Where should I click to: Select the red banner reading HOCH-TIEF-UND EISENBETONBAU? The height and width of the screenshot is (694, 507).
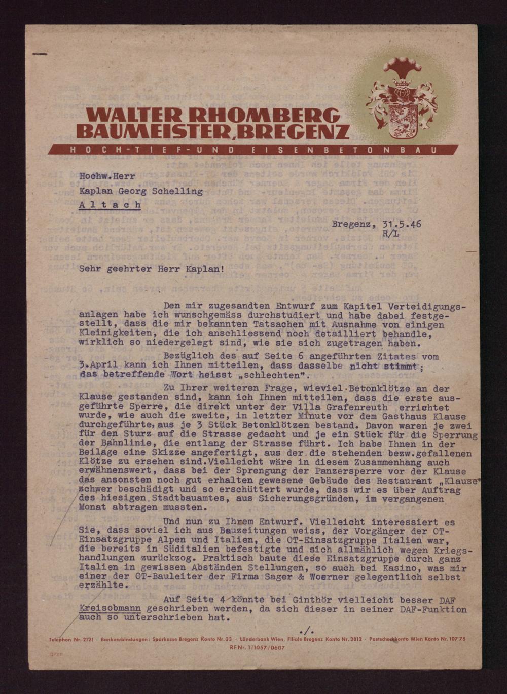tap(253, 150)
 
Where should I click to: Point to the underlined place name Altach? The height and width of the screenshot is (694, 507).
tap(110, 205)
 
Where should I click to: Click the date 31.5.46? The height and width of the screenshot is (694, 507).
tap(402, 224)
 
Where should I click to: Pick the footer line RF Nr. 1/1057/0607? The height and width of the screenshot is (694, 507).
tap(257, 648)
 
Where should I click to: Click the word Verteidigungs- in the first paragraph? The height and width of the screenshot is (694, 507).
tap(427, 307)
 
